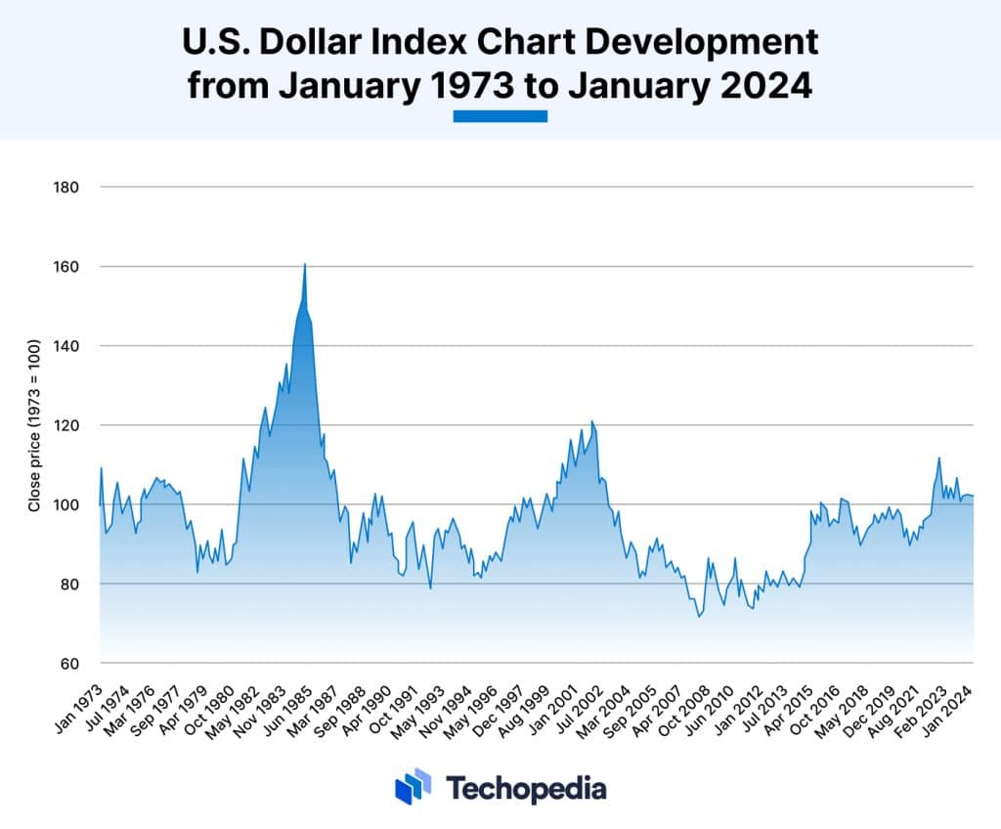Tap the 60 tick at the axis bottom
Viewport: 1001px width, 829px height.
tap(67, 664)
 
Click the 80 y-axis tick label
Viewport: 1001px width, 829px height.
tap(67, 585)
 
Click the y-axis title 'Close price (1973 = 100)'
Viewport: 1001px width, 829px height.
tap(34, 425)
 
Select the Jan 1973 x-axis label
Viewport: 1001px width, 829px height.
tap(80, 698)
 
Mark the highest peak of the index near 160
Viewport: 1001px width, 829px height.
tap(305, 264)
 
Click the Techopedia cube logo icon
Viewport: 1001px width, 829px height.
tap(413, 786)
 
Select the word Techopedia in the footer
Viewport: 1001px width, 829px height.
tap(526, 788)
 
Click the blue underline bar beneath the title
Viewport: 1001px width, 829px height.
tap(500, 116)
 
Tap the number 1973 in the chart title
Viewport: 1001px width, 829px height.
tap(472, 85)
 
